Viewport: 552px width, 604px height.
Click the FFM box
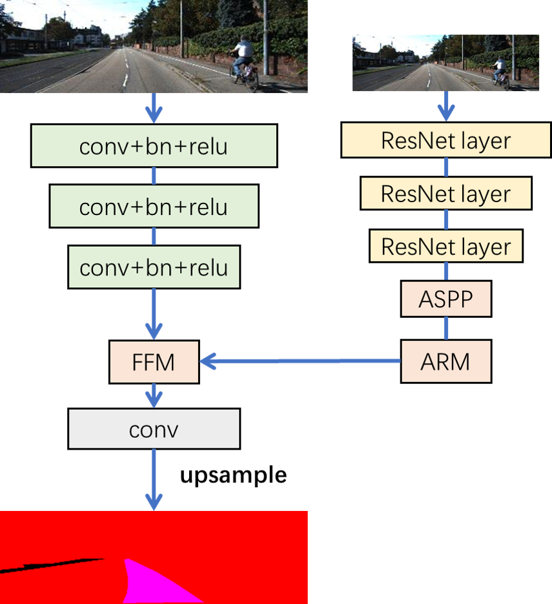(x=154, y=362)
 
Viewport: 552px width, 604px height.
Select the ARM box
(x=445, y=362)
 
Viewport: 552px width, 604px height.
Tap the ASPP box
(x=445, y=299)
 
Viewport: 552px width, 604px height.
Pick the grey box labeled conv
(x=154, y=429)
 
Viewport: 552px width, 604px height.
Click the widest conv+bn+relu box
(x=154, y=146)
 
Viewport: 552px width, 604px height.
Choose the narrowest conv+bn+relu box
(x=154, y=267)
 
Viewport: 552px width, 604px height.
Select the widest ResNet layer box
(x=445, y=140)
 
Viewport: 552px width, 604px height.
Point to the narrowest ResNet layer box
(x=445, y=246)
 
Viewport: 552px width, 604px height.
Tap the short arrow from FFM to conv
(x=154, y=395)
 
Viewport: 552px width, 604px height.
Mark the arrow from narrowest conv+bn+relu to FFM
(x=154, y=313)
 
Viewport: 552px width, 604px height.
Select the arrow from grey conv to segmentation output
(x=154, y=478)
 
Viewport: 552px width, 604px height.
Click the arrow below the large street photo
(x=154, y=108)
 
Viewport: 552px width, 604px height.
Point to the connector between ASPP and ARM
(x=445, y=328)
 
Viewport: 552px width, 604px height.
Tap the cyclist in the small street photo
(x=499, y=70)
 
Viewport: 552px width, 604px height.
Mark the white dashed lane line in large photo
(x=125, y=74)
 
